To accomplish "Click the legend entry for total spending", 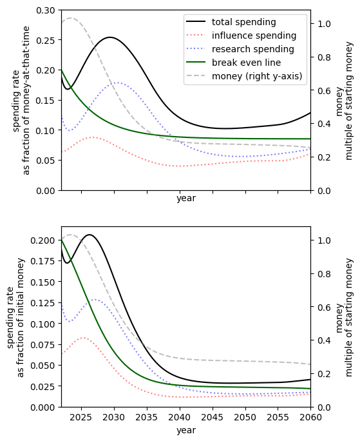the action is point(244,22).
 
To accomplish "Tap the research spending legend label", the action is point(253,49).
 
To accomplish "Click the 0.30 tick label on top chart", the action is point(46,10).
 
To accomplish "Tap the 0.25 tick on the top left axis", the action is point(46,40).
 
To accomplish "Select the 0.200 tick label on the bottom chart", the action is point(43,240).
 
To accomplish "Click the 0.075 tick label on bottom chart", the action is point(43,345).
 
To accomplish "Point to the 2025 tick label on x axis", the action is point(81,417).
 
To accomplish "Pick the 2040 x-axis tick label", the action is point(180,417).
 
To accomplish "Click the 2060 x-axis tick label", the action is point(311,417).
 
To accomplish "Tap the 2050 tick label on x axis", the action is point(245,417).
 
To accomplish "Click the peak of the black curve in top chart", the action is point(109,37).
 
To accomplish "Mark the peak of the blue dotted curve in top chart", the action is point(118,83).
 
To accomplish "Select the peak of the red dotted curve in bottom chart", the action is point(84,337).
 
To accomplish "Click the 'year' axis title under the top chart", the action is point(186,199).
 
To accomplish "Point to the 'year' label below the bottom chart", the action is point(186,430).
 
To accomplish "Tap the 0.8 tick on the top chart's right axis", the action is point(324,57).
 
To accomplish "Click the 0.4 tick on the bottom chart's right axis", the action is point(324,340).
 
